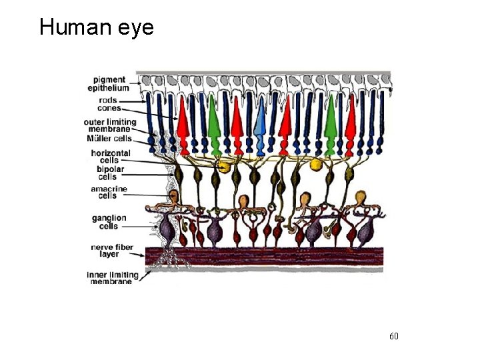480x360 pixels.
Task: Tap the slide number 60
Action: pyautogui.click(x=393, y=336)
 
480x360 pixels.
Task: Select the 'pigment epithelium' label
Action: pyautogui.click(x=111, y=84)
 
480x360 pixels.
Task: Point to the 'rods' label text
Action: pyautogui.click(x=105, y=101)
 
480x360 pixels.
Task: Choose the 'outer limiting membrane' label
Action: pyautogui.click(x=110, y=126)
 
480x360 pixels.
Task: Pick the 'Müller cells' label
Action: pyautogui.click(x=109, y=139)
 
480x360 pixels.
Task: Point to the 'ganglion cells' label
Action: pyautogui.click(x=109, y=222)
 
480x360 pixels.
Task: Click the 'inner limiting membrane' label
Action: pyautogui.click(x=112, y=278)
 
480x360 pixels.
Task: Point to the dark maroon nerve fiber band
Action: pyautogui.click(x=267, y=258)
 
